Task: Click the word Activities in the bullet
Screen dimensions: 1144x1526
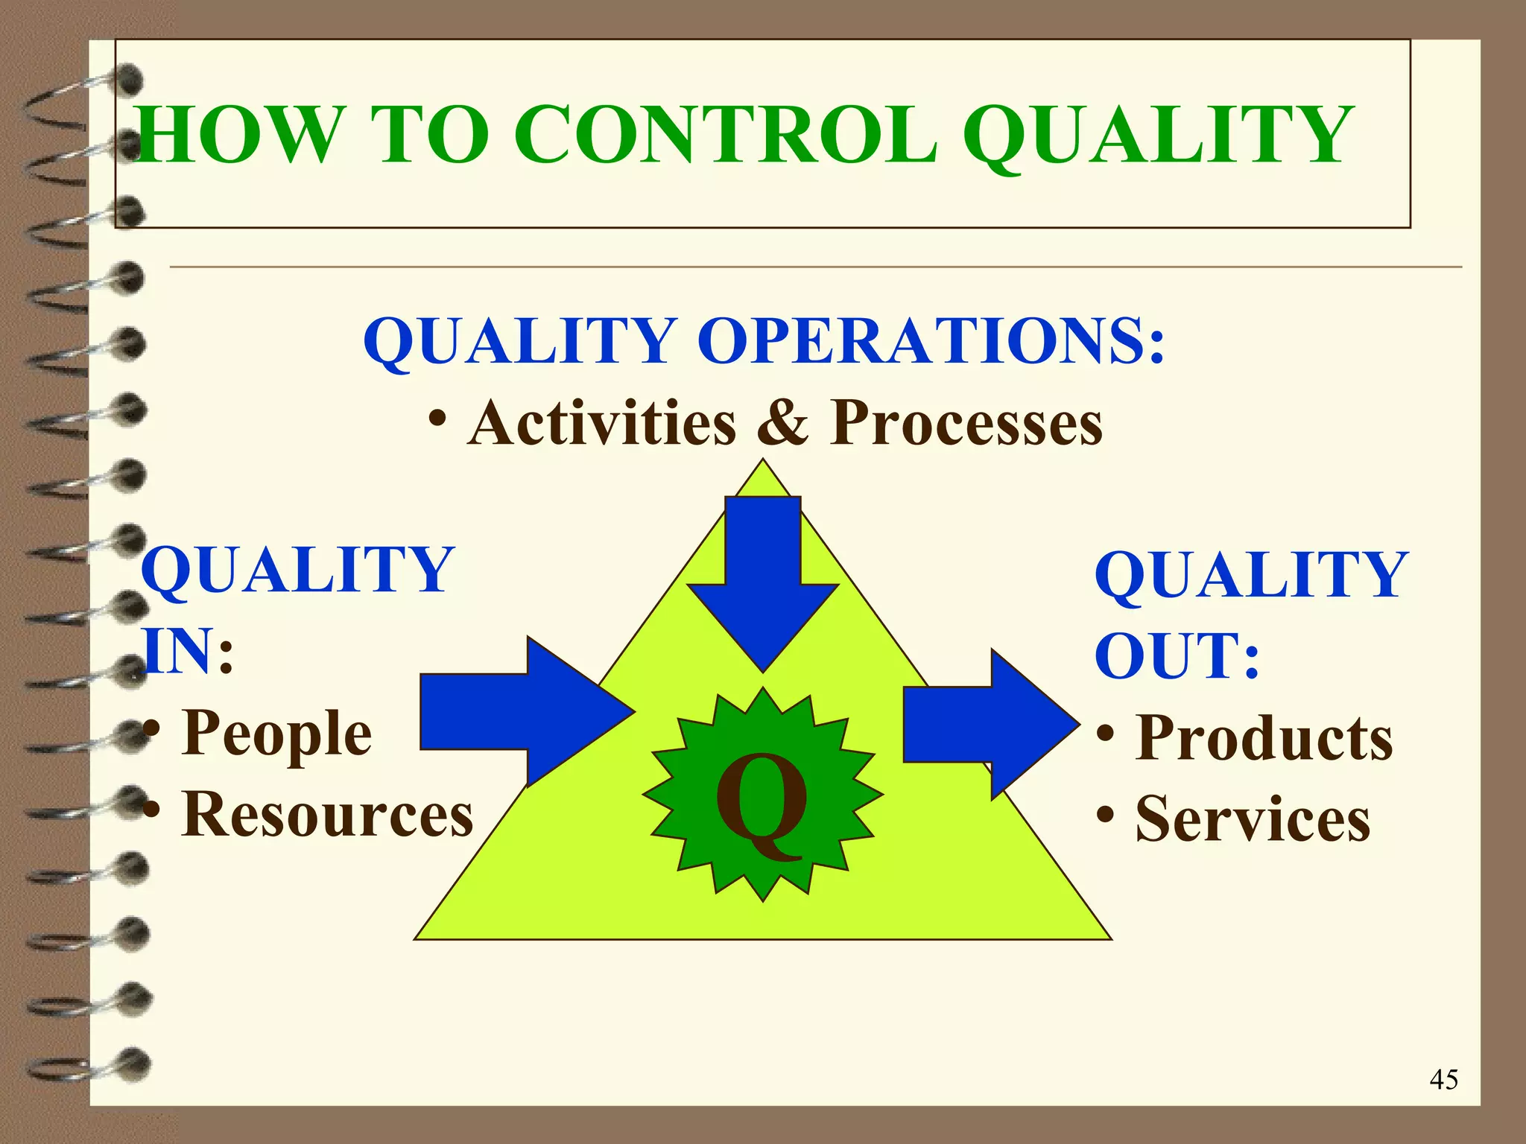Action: [x=602, y=422]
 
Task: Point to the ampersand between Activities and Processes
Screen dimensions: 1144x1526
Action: [x=782, y=422]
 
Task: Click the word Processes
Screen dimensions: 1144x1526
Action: [x=966, y=422]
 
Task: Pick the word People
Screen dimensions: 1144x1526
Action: [x=276, y=733]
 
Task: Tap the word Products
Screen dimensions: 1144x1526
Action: [x=1264, y=738]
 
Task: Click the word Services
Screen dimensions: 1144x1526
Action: [x=1253, y=819]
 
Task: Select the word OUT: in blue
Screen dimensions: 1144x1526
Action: [x=1177, y=655]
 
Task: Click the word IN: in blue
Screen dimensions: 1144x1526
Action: [x=189, y=650]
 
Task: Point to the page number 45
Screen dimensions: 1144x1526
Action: [x=1443, y=1079]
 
